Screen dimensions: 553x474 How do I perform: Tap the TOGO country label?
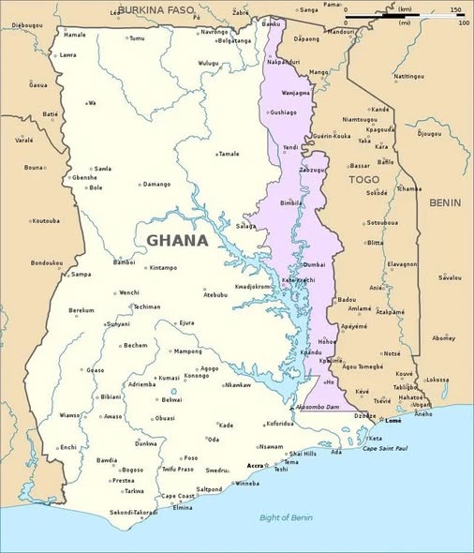[364, 179]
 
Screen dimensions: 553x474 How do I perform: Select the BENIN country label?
[444, 202]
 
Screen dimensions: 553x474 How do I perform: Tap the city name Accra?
[255, 466]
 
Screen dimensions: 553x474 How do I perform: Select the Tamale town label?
[229, 154]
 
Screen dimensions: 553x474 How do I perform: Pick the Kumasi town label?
[169, 378]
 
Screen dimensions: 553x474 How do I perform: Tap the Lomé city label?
[393, 421]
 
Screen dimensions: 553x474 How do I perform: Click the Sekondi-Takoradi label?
[134, 513]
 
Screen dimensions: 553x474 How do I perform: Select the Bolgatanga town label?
[234, 40]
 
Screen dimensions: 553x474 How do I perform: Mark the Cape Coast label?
[178, 496]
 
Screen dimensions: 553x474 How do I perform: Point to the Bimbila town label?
[292, 202]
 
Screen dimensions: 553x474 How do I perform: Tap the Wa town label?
[93, 103]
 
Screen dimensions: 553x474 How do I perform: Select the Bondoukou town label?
[46, 262]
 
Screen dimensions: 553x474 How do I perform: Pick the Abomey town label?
[443, 337]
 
